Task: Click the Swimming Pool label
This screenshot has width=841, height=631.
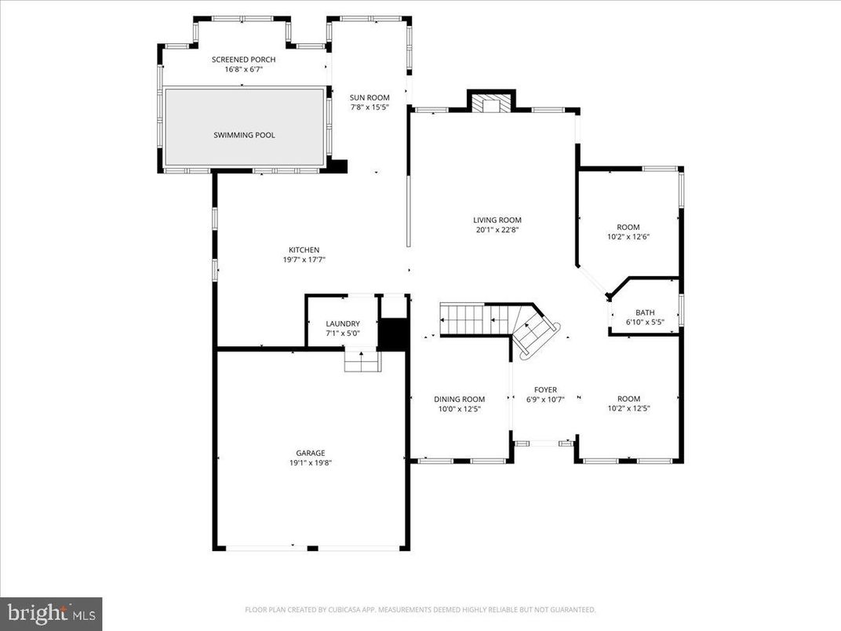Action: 244,135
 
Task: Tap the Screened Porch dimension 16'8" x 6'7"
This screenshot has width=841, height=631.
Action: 243,69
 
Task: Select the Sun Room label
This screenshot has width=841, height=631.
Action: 369,97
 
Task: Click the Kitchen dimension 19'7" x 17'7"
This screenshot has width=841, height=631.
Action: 304,259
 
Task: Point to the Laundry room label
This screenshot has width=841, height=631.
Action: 343,323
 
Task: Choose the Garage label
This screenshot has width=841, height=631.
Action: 310,453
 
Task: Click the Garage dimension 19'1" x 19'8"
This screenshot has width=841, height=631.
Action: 310,463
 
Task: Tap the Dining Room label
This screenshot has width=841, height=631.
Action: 459,399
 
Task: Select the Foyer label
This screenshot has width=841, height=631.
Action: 545,389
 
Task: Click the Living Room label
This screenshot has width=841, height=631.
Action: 497,220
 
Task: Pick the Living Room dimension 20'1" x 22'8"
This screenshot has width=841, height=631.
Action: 497,230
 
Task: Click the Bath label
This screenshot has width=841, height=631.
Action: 645,312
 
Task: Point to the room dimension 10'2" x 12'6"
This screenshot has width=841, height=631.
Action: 628,236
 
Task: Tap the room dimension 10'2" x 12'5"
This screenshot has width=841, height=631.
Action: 628,408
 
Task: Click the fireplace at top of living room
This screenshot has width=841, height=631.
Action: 491,104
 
